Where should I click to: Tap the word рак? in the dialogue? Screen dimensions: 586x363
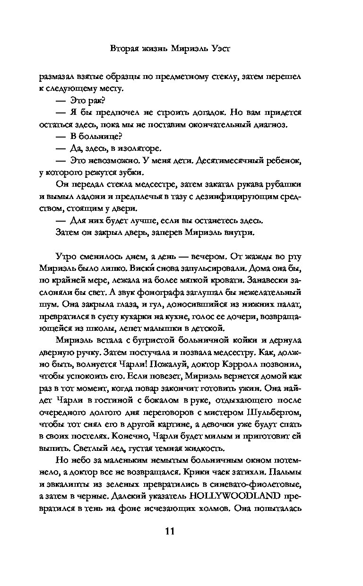96,100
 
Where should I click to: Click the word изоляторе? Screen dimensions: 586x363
140,149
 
